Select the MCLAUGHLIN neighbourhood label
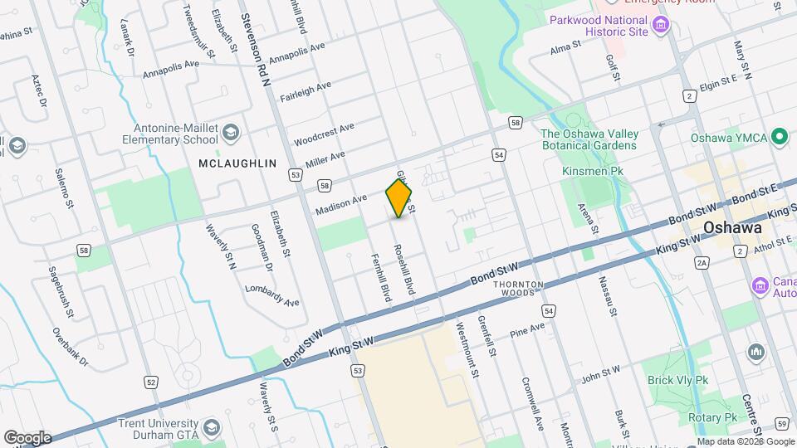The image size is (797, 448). point(237,164)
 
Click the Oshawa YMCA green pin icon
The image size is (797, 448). point(779,136)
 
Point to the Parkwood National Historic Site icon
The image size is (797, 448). point(661,26)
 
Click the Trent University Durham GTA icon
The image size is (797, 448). point(212,427)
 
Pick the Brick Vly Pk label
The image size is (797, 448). point(678,381)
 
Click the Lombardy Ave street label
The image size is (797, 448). point(271,295)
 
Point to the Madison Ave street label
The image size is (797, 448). point(340,205)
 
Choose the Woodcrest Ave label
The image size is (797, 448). point(324,133)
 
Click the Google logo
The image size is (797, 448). point(27,437)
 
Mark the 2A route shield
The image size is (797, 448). point(702,263)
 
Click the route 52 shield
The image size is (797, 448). point(150,382)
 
